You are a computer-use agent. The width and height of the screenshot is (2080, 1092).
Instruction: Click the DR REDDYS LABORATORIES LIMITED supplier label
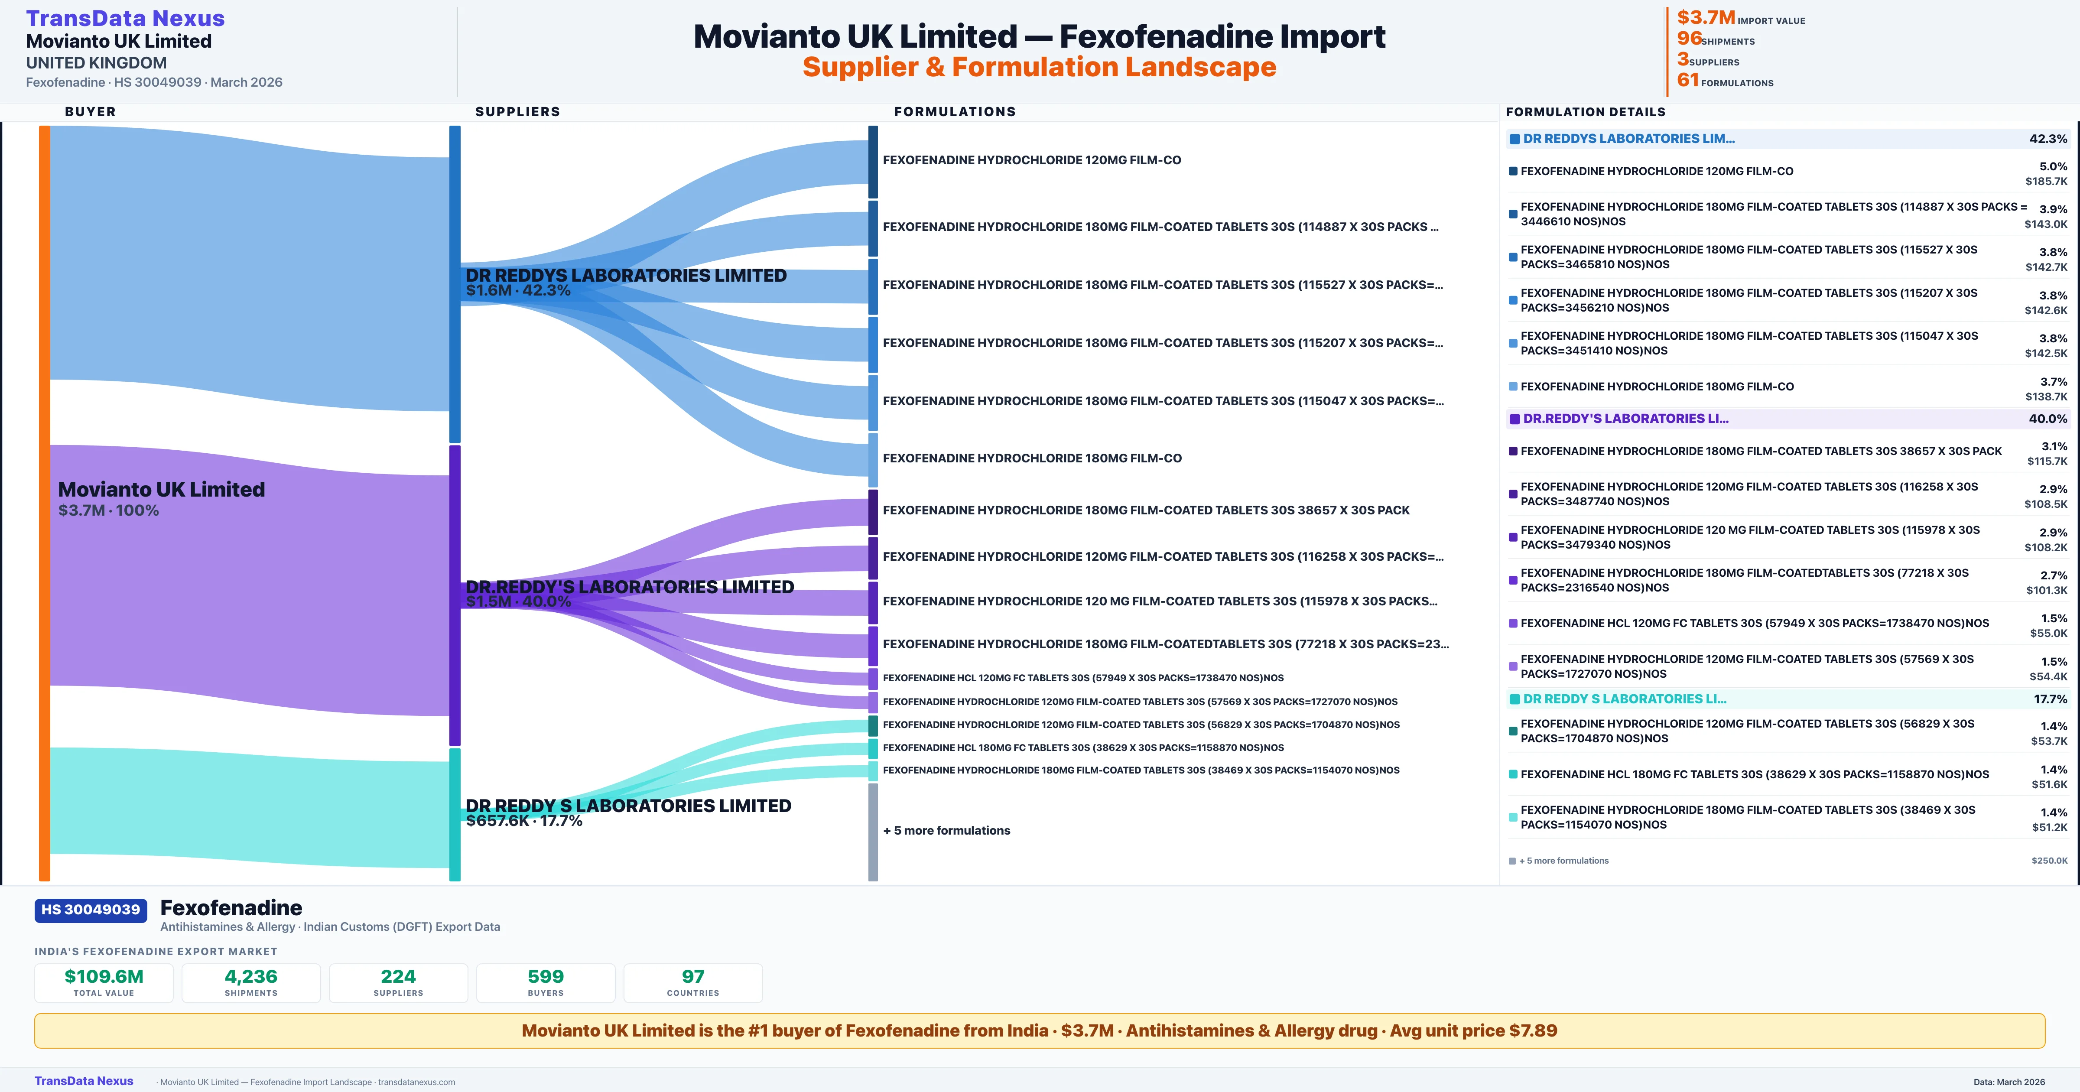[x=626, y=276]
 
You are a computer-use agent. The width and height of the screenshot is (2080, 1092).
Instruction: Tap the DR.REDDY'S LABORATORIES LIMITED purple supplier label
[x=630, y=587]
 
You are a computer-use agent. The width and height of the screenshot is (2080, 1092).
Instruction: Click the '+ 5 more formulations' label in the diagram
[x=946, y=830]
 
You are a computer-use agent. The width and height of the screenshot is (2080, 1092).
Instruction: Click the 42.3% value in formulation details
[x=2047, y=139]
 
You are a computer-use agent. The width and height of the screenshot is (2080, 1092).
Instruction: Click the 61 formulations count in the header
[x=1687, y=80]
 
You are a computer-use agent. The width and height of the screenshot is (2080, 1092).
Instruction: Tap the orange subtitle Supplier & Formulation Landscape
[x=1039, y=67]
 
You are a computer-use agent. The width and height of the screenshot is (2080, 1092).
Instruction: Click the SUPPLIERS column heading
[x=517, y=111]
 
